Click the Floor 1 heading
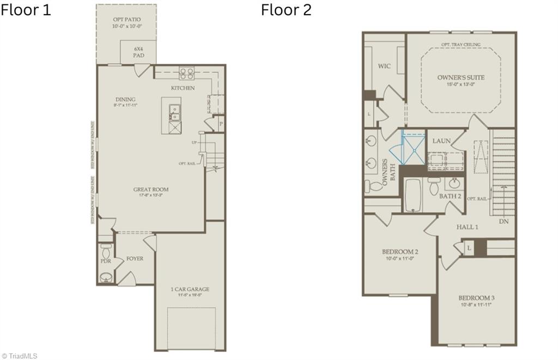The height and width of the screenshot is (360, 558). pos(26,10)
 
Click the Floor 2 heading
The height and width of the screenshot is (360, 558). pos(286,10)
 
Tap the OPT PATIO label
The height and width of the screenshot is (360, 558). pos(126,19)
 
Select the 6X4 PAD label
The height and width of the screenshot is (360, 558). pos(138,52)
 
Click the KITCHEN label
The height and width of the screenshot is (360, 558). pos(183,88)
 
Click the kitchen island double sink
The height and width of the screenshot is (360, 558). pos(175,112)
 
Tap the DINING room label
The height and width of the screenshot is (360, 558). pos(125,99)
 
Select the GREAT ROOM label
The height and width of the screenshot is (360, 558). pos(151,190)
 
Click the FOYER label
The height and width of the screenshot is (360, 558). pos(135,258)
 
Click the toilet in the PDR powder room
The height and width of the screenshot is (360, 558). pos(106,252)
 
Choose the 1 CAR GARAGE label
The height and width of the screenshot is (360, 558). pos(190,289)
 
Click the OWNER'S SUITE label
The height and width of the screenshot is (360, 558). pos(460,77)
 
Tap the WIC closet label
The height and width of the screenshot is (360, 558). pos(384,66)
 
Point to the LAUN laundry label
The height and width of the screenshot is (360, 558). pos(441,141)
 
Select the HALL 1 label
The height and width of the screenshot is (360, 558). pos(468,227)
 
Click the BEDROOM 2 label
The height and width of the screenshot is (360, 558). pos(400,252)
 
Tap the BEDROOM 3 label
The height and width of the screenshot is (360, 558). pos(476,298)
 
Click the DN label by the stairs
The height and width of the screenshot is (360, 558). pos(505,222)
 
